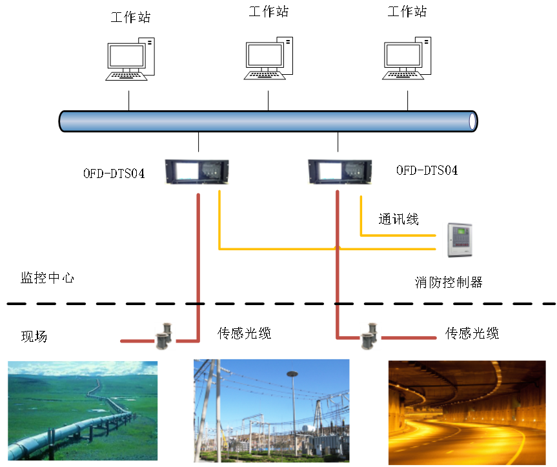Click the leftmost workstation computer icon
point(130,59)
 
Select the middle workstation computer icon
point(268,58)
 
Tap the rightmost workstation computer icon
point(407,58)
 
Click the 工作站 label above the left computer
point(131,17)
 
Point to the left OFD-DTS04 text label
point(114,174)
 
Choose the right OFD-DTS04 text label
point(427,170)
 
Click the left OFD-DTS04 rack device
point(197,172)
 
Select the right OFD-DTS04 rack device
point(340,172)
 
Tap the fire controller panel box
point(460,240)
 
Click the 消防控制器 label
point(449,283)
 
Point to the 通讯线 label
point(399,219)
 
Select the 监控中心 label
point(47,278)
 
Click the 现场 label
point(34,336)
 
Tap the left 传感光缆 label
point(245,333)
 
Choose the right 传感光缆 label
point(472,333)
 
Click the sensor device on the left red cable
point(164,336)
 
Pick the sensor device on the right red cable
point(369,336)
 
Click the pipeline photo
point(83,411)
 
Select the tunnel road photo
point(467,413)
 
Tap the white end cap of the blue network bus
point(473,121)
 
